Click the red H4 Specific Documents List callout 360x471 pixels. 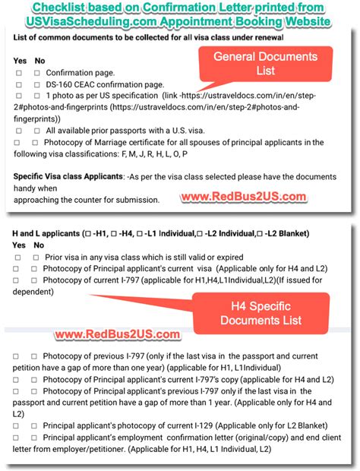[x=262, y=313]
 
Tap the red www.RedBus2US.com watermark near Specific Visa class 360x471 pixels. [x=243, y=197]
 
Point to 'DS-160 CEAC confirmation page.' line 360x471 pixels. [x=105, y=84]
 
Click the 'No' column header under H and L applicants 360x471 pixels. [x=39, y=245]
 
